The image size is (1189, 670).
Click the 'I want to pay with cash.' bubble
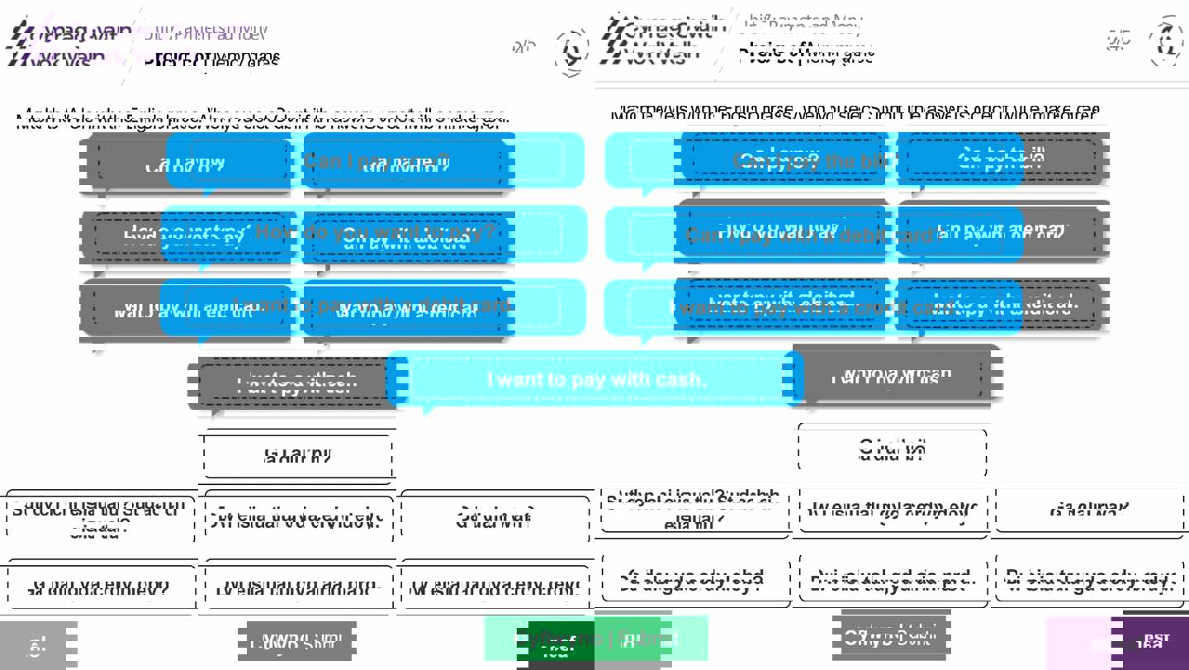596,379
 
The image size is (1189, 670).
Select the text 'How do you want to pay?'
375,232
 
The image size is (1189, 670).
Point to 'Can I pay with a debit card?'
813,235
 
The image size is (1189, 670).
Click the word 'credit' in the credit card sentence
888,306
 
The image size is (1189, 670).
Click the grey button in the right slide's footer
891,636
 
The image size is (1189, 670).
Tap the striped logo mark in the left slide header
20,45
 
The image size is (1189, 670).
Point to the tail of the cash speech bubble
428,409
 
